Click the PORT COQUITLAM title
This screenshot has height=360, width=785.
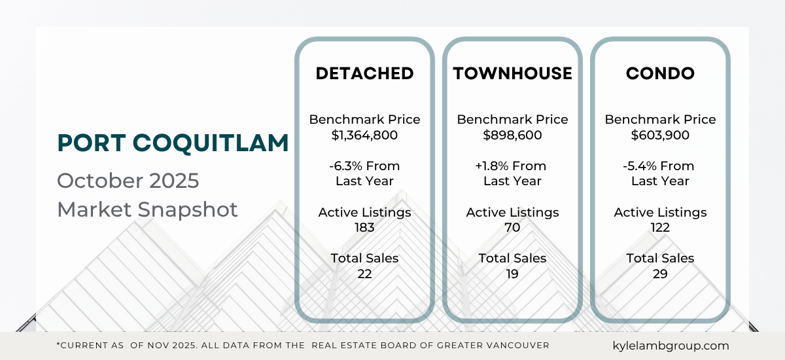click(173, 143)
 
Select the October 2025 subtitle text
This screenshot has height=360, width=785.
click(128, 180)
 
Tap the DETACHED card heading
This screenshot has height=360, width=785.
click(364, 73)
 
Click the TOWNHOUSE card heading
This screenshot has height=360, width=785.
click(512, 73)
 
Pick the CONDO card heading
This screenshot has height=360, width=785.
click(660, 73)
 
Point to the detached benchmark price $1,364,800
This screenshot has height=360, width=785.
click(364, 135)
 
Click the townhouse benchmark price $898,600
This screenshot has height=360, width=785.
click(512, 135)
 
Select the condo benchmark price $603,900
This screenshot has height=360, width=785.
click(660, 135)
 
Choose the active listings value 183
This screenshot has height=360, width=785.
click(364, 228)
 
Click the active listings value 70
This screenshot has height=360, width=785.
click(512, 228)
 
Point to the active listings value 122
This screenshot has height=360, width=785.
click(660, 228)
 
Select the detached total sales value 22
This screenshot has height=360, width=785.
click(364, 274)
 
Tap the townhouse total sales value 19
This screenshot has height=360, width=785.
click(512, 274)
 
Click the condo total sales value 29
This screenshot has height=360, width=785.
click(660, 274)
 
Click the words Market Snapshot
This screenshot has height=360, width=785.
click(147, 210)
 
